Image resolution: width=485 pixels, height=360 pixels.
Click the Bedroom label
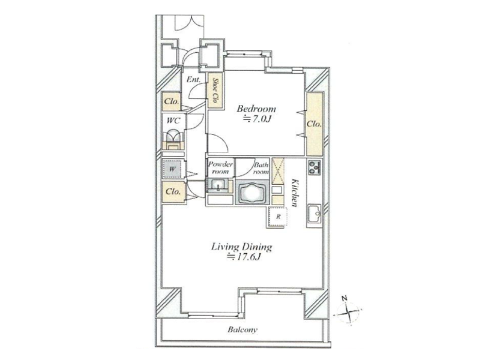click(256, 109)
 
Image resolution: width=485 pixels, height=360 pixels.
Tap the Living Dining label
click(241, 247)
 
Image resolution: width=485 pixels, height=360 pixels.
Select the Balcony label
click(242, 329)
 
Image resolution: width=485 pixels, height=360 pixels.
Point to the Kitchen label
click(295, 193)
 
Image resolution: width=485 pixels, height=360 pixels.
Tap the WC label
click(173, 121)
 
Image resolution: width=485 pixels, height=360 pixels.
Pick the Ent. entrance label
click(193, 79)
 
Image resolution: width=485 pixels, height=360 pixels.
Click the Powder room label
click(220, 167)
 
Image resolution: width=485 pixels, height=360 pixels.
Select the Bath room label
click(261, 168)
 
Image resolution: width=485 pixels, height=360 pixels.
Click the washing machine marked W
click(173, 169)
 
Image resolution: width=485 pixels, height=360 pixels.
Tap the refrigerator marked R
click(278, 217)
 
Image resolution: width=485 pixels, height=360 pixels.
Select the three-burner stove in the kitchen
click(315, 167)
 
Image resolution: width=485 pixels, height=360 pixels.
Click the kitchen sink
click(315, 213)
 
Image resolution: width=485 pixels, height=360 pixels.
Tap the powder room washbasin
click(219, 186)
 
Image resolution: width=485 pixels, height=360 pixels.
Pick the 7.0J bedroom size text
click(257, 119)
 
